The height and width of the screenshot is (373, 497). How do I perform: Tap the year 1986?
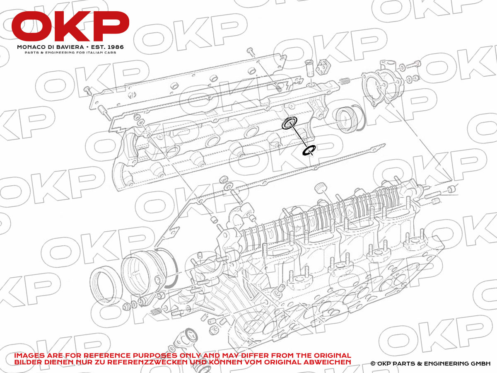[x=116, y=47]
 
